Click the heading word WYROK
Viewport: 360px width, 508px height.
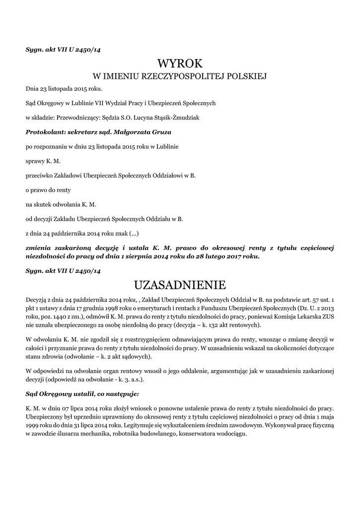(180, 63)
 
